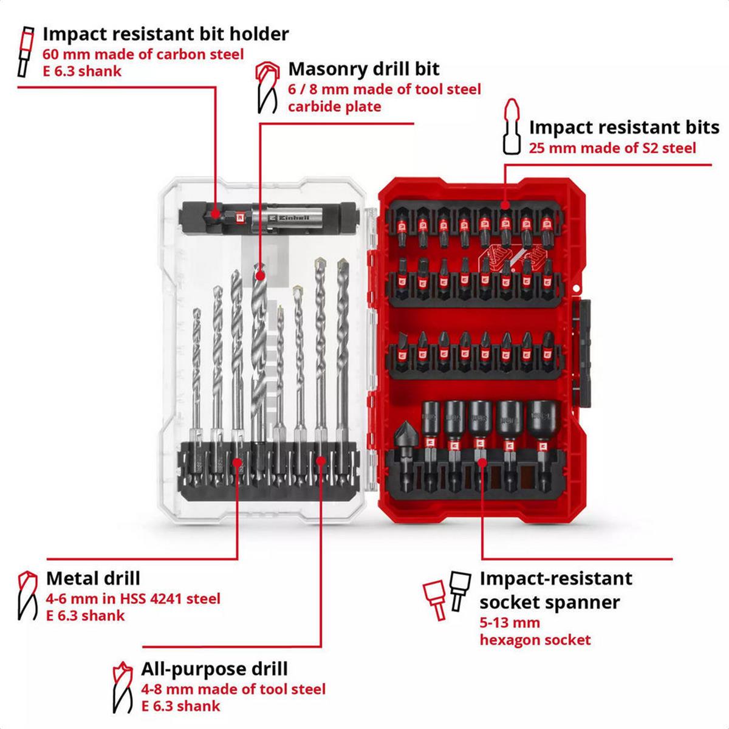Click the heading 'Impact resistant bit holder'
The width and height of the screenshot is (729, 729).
click(165, 33)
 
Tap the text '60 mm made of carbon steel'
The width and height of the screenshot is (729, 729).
click(143, 54)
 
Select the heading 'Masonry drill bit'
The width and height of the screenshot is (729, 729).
click(364, 69)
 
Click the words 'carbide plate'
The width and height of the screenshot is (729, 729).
click(334, 107)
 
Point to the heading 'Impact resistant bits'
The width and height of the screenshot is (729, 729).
click(624, 128)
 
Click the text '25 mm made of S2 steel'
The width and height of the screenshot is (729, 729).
click(612, 148)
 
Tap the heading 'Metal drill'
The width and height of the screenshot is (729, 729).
click(93, 578)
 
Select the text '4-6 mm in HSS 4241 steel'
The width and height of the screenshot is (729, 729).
click(133, 598)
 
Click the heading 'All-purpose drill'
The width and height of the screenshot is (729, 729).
click(214, 669)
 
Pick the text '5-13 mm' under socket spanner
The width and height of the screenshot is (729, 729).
click(510, 623)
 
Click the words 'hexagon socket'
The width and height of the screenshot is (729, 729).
click(535, 640)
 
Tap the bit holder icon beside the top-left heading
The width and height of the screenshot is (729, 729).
click(26, 51)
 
